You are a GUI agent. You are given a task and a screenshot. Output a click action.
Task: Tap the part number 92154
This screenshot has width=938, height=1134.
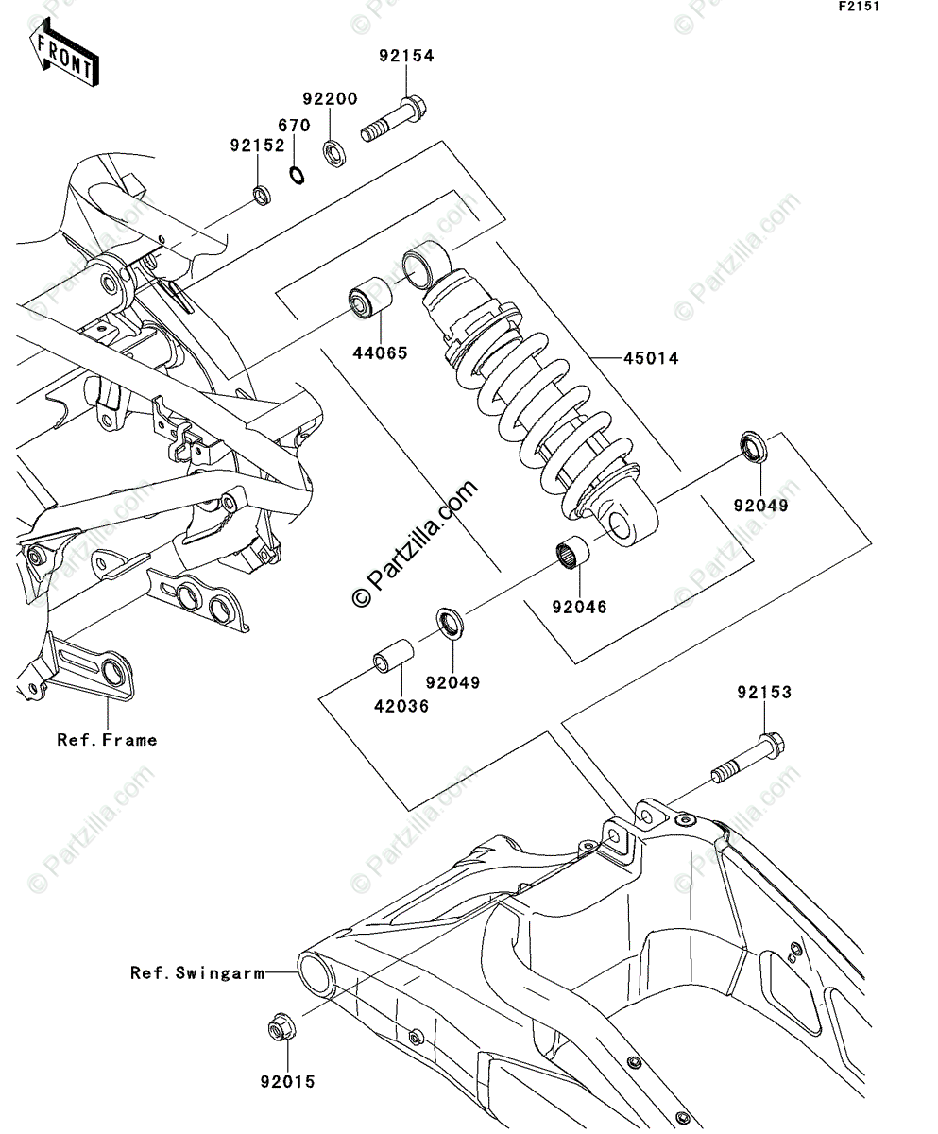[x=406, y=56]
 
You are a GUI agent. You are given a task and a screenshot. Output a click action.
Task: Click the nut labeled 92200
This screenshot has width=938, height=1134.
[x=333, y=151]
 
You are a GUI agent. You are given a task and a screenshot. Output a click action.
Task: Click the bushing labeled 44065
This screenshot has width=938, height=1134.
[x=368, y=300]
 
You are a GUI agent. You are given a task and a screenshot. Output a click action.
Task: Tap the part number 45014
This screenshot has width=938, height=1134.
[x=650, y=358]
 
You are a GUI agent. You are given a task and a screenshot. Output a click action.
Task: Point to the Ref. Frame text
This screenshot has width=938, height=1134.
[x=107, y=740]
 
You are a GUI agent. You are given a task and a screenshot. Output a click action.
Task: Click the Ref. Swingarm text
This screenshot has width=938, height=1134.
[x=197, y=972]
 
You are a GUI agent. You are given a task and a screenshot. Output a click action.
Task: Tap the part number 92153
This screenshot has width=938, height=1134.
[x=764, y=693]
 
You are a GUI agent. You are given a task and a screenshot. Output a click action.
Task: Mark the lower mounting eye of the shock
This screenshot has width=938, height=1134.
[x=624, y=523]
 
